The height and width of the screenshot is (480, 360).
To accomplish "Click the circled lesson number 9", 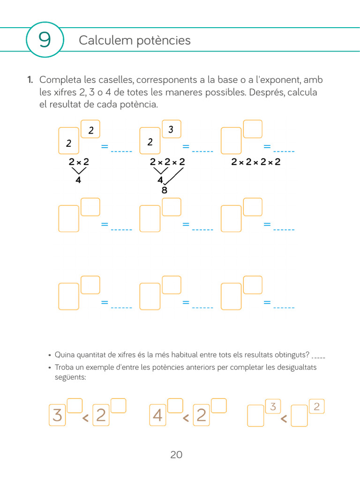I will [45, 40].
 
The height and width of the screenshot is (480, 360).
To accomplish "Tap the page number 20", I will [176, 455].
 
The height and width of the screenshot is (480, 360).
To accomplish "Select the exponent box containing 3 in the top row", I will [171, 129].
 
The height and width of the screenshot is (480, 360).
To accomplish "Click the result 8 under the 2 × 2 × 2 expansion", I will [164, 190].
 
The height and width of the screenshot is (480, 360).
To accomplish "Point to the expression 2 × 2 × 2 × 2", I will [256, 162].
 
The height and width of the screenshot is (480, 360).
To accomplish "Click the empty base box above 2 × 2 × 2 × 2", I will [231, 141].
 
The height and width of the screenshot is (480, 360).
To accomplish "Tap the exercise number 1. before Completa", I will [30, 80].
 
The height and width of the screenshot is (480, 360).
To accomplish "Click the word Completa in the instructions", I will [60, 80].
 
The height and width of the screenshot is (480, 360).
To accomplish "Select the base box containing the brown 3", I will [58, 415].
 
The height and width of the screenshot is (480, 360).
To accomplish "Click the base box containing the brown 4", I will [158, 415].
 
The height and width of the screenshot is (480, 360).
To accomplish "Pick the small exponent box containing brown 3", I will [273, 406].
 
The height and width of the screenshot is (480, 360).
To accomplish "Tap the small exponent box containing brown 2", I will [316, 406].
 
